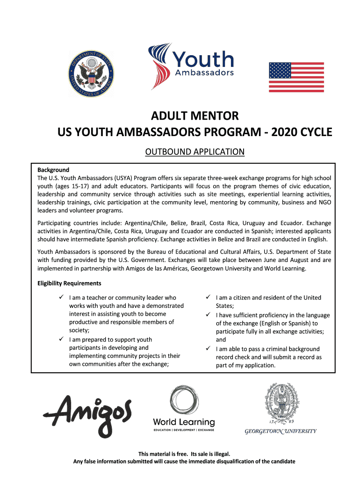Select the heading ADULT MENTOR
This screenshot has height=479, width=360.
(x=194, y=116)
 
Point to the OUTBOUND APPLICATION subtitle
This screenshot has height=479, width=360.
(x=194, y=152)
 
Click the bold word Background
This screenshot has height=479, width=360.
(x=53, y=170)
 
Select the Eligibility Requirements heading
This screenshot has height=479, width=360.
(x=69, y=283)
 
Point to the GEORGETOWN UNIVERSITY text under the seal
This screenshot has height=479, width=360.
(x=281, y=431)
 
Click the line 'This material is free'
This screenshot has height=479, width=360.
(x=184, y=454)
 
